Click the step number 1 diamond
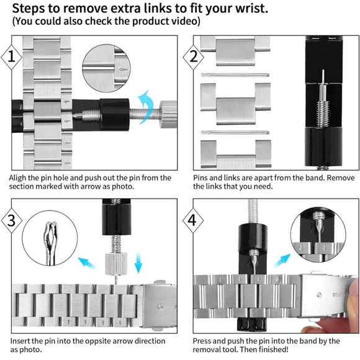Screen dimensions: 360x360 11,57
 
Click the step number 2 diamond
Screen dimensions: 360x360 193,57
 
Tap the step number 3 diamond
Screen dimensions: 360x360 11,220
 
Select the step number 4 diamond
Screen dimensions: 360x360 193,220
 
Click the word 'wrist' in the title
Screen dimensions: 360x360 252,9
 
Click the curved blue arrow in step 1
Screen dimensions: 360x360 146,107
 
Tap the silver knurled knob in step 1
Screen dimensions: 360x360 168,114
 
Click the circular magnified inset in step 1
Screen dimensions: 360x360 106,68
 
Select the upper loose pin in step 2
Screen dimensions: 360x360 235,75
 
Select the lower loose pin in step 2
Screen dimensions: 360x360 235,132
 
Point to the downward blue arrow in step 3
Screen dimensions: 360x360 138,263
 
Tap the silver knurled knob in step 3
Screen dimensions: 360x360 116,263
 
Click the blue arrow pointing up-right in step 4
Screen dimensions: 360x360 282,261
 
